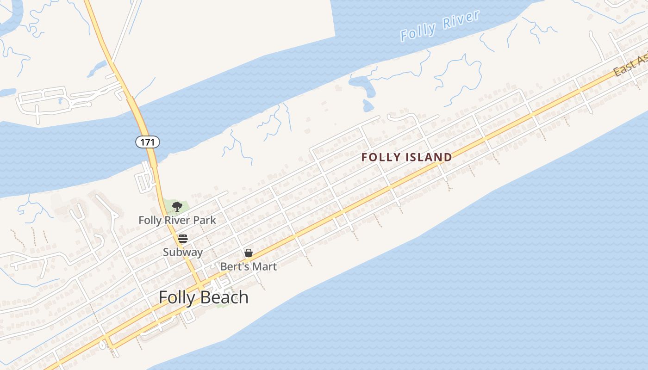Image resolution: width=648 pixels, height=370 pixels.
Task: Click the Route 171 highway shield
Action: coord(148,142)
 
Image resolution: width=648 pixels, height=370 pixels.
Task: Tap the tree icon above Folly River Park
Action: coord(177,206)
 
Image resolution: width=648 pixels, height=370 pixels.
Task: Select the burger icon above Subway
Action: coord(183,239)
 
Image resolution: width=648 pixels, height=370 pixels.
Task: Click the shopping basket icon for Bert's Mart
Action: coord(249,253)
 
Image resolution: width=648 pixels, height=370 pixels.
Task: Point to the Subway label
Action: coord(183,252)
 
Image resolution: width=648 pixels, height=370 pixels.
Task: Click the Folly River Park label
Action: coord(177,220)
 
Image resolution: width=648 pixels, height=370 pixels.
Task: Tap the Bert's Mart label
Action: coord(249,266)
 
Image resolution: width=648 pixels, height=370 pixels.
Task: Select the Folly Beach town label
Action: coord(204,297)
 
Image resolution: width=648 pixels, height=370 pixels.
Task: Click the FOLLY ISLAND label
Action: coord(407,157)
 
